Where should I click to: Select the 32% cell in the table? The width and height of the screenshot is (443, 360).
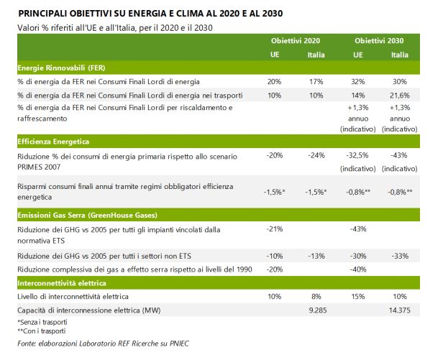[358, 81]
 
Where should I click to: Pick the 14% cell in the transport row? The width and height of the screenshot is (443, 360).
[358, 94]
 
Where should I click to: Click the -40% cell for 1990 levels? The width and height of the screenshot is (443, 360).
[358, 268]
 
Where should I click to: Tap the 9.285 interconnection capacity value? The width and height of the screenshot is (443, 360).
[317, 310]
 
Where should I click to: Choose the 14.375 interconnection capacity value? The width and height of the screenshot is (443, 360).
[400, 310]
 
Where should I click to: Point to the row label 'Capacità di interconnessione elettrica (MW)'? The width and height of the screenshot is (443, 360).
[93, 310]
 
